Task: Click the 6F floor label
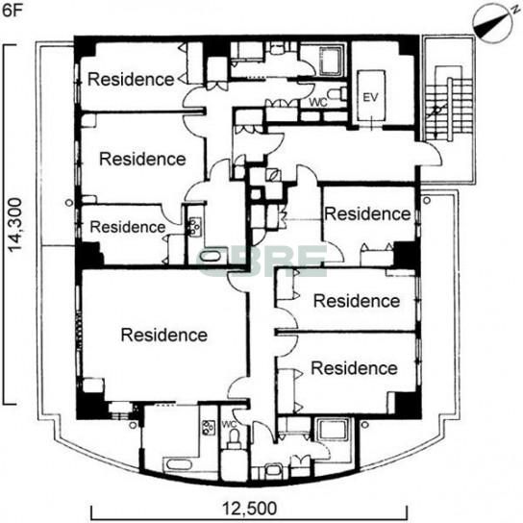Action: point(12,10)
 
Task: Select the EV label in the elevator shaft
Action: point(370,98)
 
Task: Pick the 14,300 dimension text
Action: point(15,225)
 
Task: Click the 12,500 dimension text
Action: point(250,509)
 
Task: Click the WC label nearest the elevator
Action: point(317,103)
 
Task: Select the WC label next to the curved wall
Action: point(229,425)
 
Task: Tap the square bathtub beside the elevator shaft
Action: point(331,61)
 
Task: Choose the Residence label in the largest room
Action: point(163,335)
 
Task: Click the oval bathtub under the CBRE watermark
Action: point(211,256)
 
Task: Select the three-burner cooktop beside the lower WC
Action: point(208,427)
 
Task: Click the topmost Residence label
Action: point(131,80)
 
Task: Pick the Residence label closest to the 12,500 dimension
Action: point(354,368)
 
